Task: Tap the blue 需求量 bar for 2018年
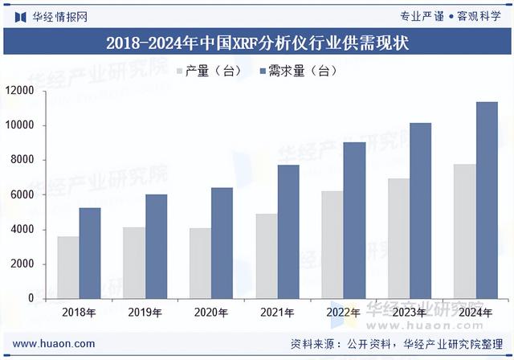[90, 253]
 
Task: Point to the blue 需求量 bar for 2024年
[487, 200]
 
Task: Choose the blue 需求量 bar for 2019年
[157, 246]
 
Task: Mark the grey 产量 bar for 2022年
[332, 244]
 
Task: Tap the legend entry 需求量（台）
[296, 72]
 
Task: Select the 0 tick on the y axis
[31, 298]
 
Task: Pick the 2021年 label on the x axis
[278, 312]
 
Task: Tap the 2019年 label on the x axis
[145, 312]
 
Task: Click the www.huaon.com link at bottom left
[54, 344]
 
